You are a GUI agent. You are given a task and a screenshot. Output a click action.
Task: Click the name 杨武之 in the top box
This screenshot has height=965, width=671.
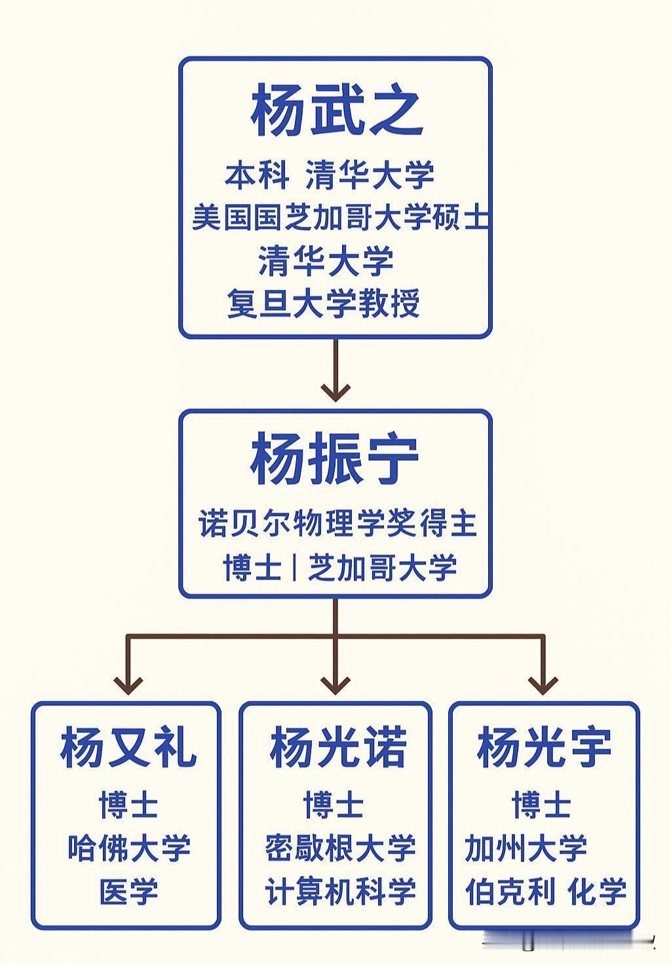coord(335,109)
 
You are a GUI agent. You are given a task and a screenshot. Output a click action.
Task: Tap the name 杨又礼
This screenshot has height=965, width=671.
coord(128,748)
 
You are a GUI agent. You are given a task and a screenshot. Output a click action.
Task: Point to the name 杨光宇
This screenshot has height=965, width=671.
coord(544,748)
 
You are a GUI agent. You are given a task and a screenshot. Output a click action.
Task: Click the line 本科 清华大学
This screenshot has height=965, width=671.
coord(330,174)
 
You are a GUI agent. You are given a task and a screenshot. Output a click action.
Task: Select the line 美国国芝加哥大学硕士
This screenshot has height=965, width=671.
coord(339,217)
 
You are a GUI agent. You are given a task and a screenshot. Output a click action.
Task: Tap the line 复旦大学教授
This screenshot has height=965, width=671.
coord(323,304)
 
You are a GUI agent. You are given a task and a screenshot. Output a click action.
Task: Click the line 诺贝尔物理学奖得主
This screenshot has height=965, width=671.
coord(337,524)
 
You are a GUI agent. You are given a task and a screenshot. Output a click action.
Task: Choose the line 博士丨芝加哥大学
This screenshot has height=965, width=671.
coord(339,567)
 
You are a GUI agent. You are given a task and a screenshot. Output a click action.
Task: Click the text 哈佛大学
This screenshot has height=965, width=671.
coord(129,848)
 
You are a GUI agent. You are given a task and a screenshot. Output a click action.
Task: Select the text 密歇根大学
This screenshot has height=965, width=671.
coord(340,848)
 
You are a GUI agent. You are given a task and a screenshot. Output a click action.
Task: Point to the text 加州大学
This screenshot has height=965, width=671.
coord(526,848)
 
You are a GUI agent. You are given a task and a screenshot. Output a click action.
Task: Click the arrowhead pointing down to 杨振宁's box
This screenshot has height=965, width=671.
coord(335,391)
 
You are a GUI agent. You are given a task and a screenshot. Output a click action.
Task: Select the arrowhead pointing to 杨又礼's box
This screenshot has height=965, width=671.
coord(128,684)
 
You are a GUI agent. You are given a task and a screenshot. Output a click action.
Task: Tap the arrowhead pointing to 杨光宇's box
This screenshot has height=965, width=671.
coord(543,684)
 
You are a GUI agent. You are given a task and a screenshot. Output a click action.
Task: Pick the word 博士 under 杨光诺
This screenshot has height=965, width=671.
coord(334,804)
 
